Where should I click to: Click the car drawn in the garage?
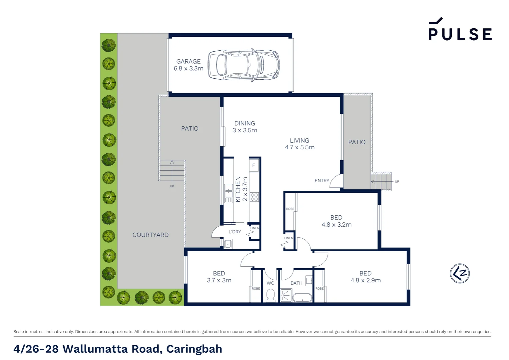pos(244,65)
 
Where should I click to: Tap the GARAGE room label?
pos(188,62)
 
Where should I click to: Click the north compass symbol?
pos(460,274)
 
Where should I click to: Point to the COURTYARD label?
pos(150,235)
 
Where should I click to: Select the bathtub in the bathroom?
pos(302,297)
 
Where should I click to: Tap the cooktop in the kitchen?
pos(254,197)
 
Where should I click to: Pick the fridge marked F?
pos(254,165)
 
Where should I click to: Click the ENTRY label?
pos(322,181)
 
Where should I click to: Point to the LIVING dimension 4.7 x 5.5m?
pos(299,147)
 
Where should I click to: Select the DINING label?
pos(245,123)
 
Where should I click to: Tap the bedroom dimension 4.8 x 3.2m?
pos(336,225)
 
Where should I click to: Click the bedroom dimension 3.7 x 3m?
pos(219,280)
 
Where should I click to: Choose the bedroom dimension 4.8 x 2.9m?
pos(365,280)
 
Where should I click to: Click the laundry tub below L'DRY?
pos(228,244)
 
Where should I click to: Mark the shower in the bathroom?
pos(286,295)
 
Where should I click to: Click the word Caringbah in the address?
pos(194,349)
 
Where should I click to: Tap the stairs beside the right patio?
pos(381,182)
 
